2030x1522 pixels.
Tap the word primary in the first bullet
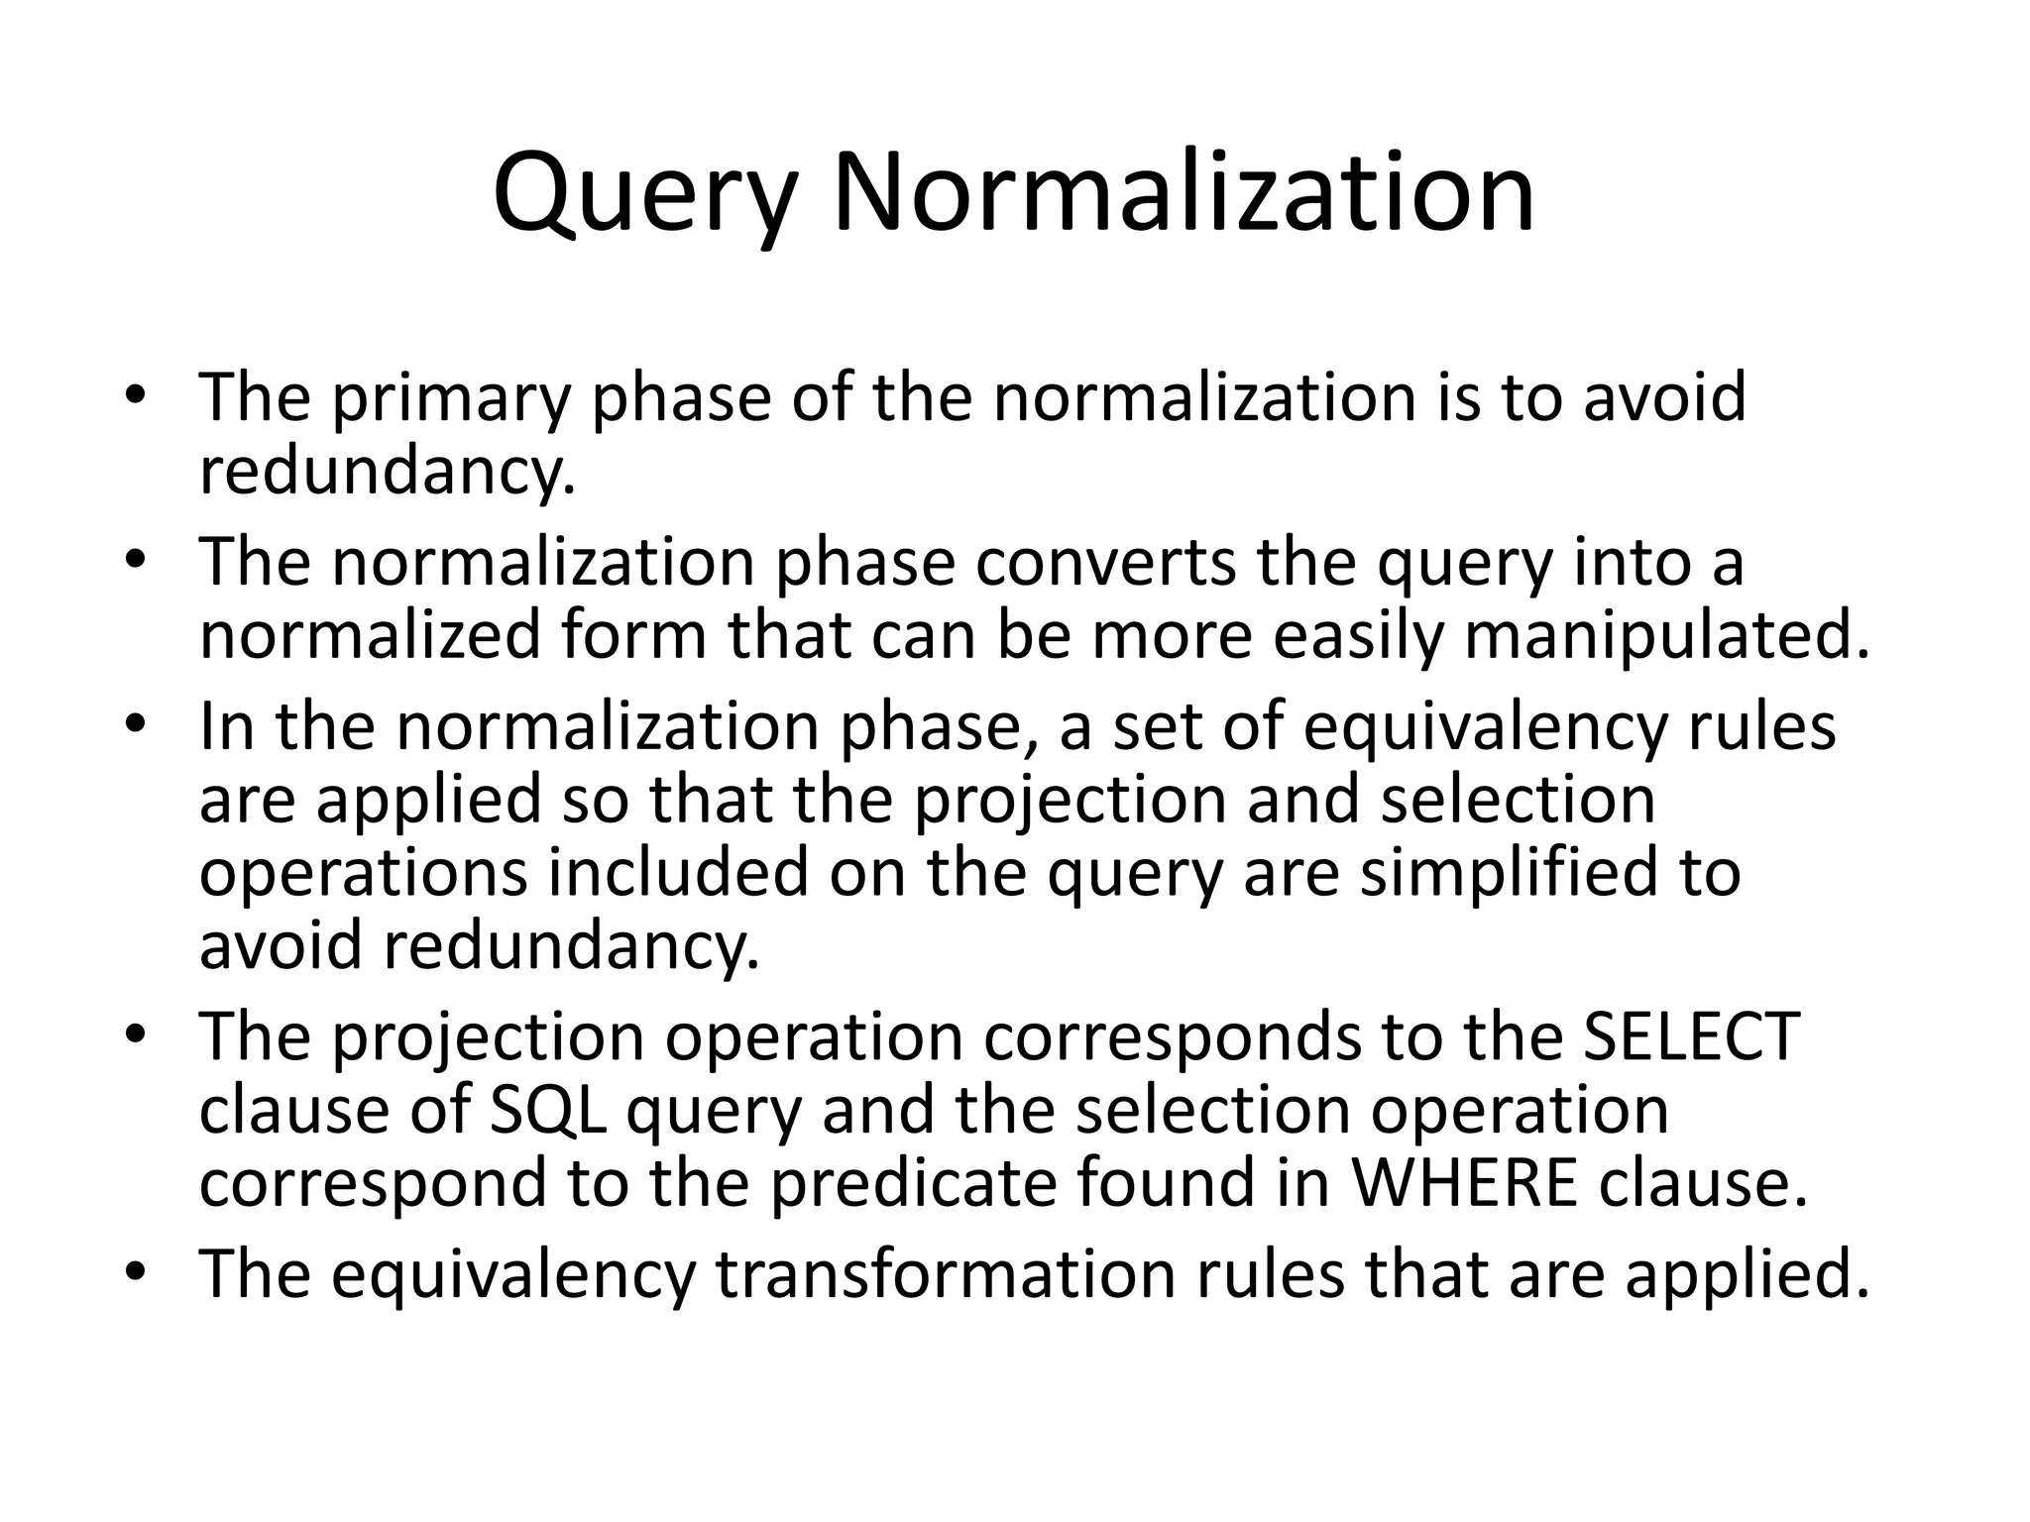452,398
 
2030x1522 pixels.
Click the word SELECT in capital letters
1691,1036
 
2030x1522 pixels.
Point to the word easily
1357,636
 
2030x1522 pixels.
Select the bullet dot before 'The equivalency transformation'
135,1272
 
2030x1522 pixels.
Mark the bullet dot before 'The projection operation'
135,1036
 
